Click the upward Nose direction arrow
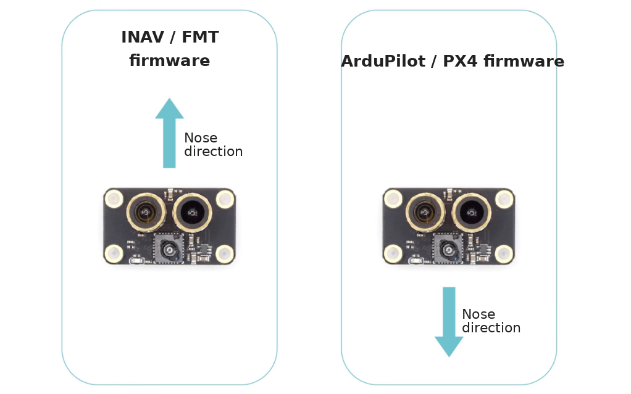(x=169, y=133)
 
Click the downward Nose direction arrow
(x=449, y=322)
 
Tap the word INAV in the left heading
(x=143, y=37)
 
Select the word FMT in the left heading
(x=200, y=37)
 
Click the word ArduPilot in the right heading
(x=383, y=61)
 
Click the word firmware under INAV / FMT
(x=169, y=60)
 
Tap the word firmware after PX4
(x=524, y=61)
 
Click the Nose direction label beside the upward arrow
(x=213, y=145)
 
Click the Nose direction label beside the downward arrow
(x=491, y=321)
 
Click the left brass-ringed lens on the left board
(x=146, y=212)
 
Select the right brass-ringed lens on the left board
(x=193, y=213)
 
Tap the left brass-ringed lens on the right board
(x=425, y=212)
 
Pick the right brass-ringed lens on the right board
(x=472, y=213)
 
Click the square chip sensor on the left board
(x=169, y=249)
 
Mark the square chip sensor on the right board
(x=448, y=249)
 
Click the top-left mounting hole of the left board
(x=114, y=199)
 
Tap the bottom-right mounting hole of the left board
(x=225, y=254)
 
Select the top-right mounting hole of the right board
(x=504, y=199)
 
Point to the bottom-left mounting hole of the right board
(x=393, y=253)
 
